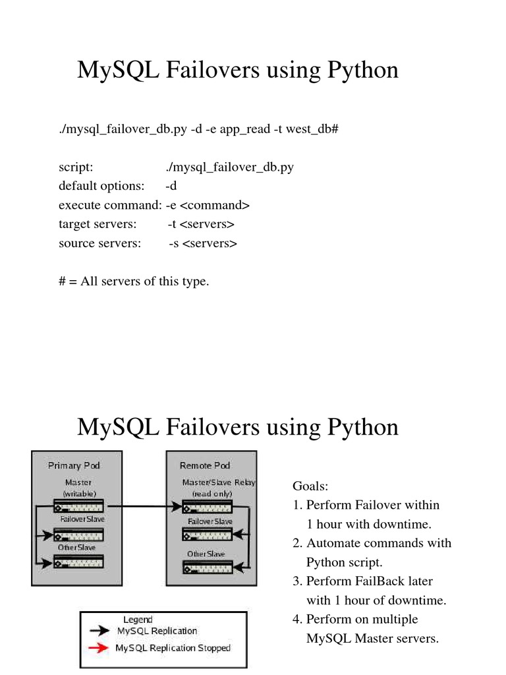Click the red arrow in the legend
tap(99, 647)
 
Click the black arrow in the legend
tap(99, 631)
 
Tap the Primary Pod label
tap(74, 465)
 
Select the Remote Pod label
tap(205, 465)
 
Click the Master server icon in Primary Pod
tap(78, 506)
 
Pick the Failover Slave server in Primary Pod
tap(78, 535)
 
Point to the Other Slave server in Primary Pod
tap(78, 562)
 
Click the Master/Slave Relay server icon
tap(208, 507)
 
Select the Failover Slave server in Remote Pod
tap(208, 534)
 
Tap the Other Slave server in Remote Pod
tap(208, 567)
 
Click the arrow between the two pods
tap(143, 506)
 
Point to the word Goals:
tap(310, 486)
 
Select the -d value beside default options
tap(171, 185)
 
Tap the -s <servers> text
tap(203, 243)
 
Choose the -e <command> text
tap(208, 205)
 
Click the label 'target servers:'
tap(98, 224)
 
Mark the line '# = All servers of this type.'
tap(134, 281)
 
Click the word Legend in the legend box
tap(138, 620)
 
